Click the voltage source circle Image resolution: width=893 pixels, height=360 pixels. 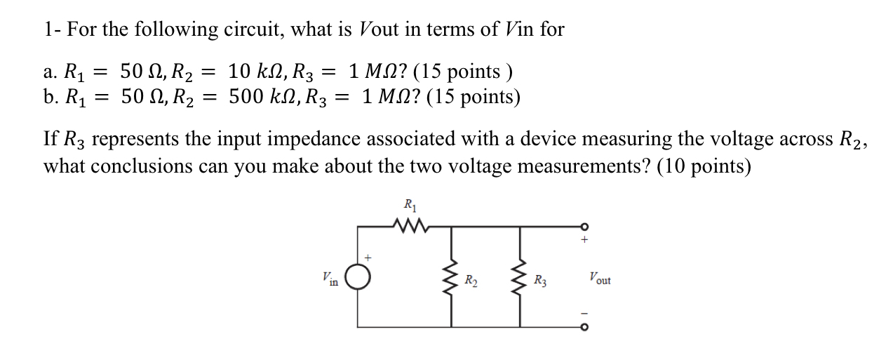click(x=358, y=280)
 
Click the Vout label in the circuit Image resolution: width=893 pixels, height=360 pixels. click(x=599, y=278)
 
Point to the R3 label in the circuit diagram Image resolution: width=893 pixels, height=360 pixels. click(x=540, y=281)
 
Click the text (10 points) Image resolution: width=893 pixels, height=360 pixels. click(x=704, y=166)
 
